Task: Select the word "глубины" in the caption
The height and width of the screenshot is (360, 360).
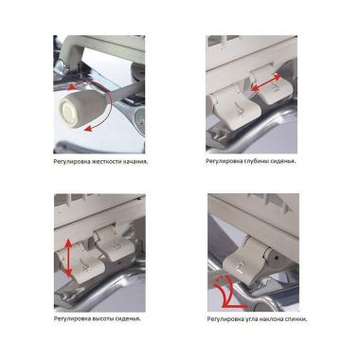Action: [x=256, y=161]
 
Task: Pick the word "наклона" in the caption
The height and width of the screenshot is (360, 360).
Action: [x=270, y=319]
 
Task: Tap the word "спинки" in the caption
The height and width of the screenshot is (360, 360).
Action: [x=296, y=319]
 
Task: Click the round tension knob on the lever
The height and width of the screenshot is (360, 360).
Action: [x=83, y=106]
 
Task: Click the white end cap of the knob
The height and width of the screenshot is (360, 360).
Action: [x=69, y=111]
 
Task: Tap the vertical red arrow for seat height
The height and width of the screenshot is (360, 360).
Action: [x=68, y=258]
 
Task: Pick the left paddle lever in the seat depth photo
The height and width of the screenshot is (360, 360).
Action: [x=235, y=108]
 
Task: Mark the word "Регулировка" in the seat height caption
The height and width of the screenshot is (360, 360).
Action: [x=72, y=318]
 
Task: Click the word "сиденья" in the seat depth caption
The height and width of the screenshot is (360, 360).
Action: [x=282, y=161]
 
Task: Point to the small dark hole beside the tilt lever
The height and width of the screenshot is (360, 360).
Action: [x=278, y=258]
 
